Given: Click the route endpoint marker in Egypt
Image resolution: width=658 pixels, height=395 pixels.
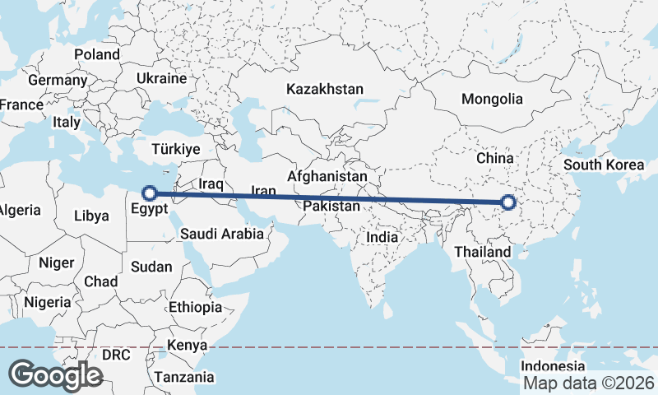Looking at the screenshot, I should [x=150, y=193].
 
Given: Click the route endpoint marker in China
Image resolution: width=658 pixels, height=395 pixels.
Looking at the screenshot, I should [x=508, y=202].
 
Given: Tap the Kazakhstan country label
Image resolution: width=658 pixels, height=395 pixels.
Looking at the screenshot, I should [x=325, y=88].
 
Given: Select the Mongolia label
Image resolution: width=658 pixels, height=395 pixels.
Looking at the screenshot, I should [x=492, y=99].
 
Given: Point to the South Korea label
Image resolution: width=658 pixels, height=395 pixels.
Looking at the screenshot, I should [x=605, y=165].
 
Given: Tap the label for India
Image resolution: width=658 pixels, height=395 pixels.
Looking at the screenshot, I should [x=382, y=237].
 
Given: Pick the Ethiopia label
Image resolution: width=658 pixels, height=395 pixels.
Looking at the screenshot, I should [x=195, y=307].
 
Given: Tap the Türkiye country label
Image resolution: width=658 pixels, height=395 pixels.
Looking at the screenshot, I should [x=176, y=150].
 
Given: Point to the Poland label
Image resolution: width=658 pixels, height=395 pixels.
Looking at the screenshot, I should [x=97, y=54].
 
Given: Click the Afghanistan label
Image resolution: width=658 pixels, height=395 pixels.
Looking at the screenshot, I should [x=327, y=176].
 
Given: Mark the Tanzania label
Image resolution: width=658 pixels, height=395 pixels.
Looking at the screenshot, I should [x=184, y=377].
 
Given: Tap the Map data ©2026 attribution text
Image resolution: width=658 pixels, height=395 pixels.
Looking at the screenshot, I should [x=588, y=383].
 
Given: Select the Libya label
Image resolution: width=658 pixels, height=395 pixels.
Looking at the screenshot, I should [x=91, y=216].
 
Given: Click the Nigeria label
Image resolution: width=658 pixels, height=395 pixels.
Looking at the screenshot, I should [x=48, y=302].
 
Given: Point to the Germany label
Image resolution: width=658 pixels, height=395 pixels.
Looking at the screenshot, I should [x=58, y=81].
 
